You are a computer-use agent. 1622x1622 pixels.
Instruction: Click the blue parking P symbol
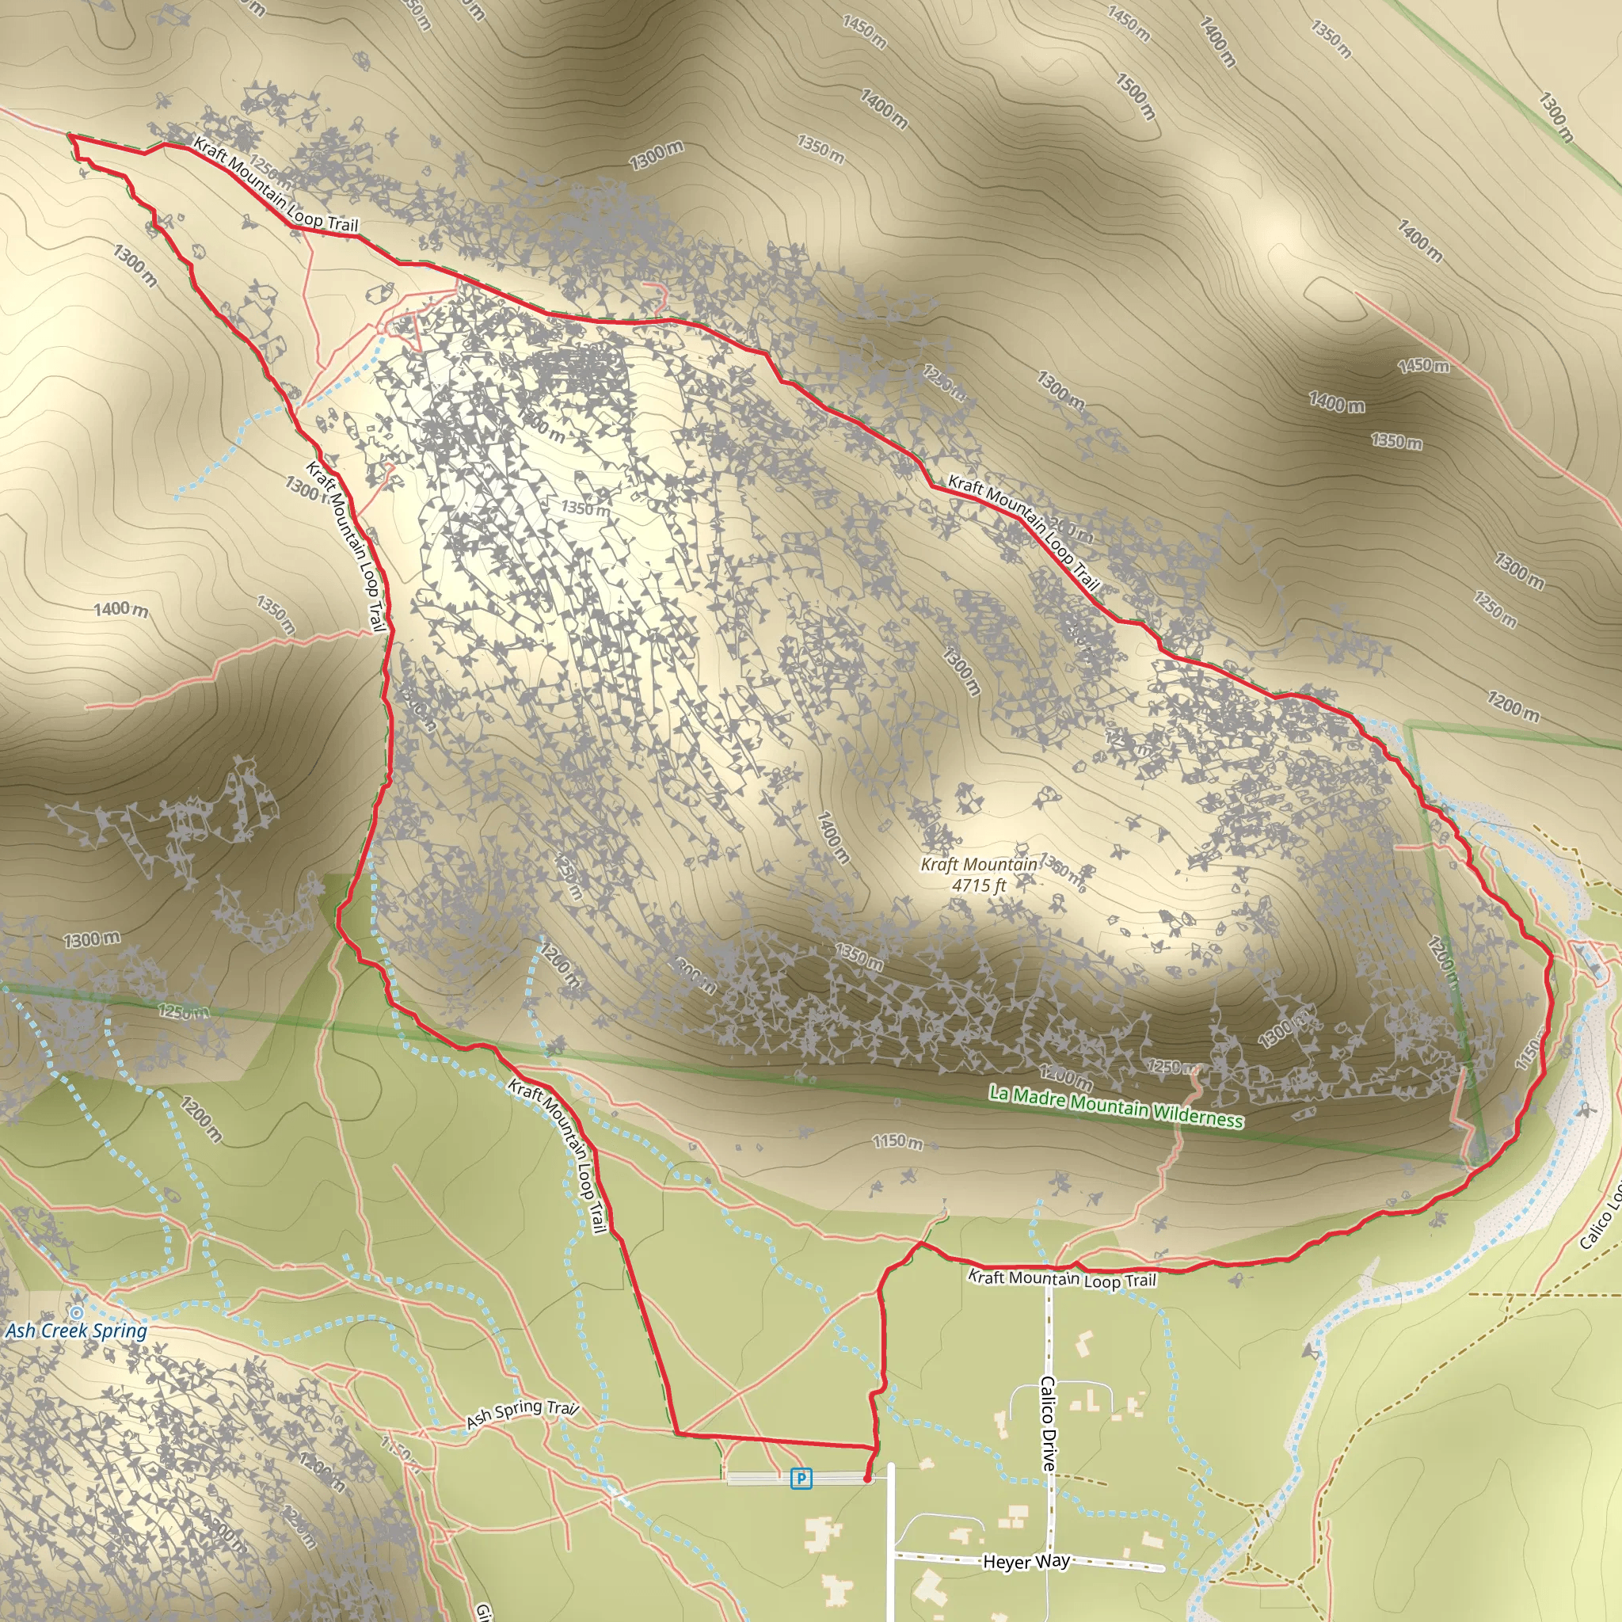pos(801,1478)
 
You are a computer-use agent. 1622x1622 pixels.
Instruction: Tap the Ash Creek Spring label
pos(76,1331)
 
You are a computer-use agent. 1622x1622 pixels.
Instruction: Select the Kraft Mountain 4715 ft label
pos(979,874)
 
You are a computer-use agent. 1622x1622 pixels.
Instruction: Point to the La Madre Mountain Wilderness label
pos(1116,1106)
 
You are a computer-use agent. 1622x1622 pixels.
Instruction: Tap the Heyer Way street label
pos(1026,1562)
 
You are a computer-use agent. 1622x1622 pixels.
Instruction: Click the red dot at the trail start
pos(866,1479)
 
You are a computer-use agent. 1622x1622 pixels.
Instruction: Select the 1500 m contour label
pos(1136,96)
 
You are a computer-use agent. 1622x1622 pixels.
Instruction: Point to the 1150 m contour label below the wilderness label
pos(897,1142)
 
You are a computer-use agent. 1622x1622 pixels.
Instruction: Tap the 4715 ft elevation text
pos(979,885)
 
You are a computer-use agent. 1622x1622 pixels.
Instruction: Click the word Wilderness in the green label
pos(1197,1116)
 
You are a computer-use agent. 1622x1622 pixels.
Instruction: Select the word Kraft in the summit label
pos(939,865)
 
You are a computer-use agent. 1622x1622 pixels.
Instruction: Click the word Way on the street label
pos(1053,1561)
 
